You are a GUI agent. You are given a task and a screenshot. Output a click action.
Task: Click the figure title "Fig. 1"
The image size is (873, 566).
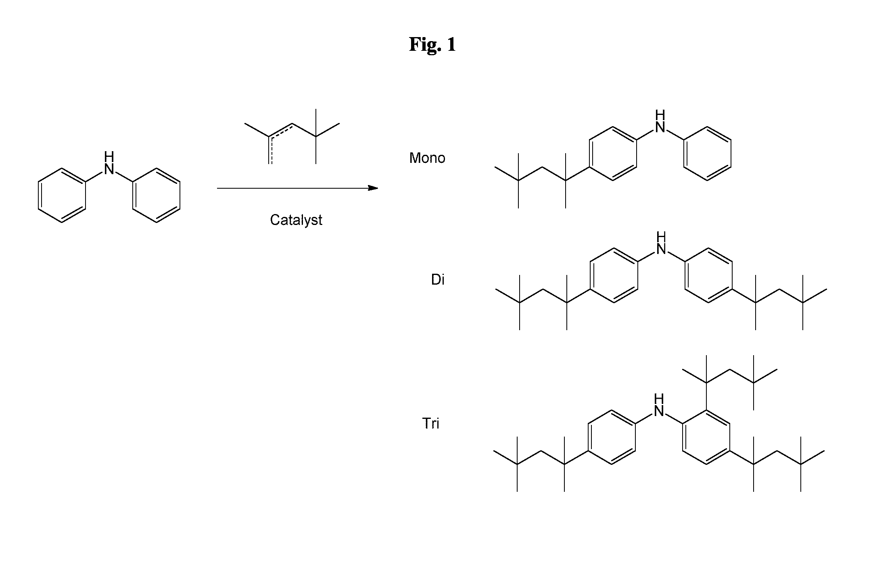(x=432, y=44)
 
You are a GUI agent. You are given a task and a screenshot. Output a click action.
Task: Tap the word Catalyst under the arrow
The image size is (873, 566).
(x=296, y=220)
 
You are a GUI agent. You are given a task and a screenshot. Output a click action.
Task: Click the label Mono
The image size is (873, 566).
(x=427, y=158)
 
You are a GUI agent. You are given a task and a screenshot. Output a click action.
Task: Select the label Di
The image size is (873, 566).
(x=438, y=279)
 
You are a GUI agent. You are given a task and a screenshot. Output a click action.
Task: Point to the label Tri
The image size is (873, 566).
(x=430, y=423)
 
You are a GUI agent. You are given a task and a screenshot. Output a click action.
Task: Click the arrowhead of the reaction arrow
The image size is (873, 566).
(x=373, y=188)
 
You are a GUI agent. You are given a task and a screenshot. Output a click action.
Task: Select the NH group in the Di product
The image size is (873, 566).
(x=661, y=243)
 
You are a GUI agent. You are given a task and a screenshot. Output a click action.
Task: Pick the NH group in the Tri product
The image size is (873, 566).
(x=659, y=405)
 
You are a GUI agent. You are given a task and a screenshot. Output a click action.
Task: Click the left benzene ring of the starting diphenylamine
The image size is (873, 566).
(x=62, y=196)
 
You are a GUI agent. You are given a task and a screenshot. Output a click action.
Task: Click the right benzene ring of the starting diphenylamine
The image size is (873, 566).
(x=156, y=196)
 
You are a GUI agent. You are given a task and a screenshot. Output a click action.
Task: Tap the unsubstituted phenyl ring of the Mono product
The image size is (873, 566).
(x=707, y=154)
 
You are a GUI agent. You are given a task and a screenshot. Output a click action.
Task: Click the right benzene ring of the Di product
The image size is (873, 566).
(x=708, y=275)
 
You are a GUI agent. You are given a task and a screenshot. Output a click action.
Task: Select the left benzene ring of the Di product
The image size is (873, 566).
(x=614, y=275)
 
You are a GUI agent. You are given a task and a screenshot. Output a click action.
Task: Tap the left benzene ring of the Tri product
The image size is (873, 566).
(x=612, y=437)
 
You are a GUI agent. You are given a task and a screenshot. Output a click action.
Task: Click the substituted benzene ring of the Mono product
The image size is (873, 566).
(x=613, y=154)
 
